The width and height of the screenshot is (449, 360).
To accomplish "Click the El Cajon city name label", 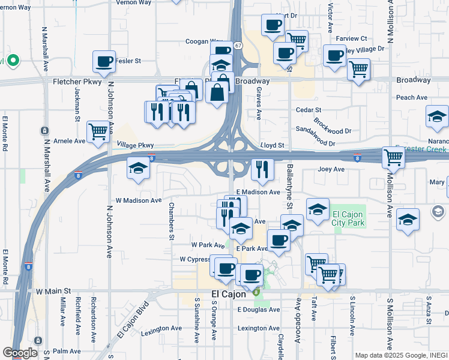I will point(230,295).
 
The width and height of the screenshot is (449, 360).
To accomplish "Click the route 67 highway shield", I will point(238,46).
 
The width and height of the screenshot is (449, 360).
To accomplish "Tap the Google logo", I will point(20,353).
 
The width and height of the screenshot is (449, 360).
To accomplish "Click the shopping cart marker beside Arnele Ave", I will point(98,131).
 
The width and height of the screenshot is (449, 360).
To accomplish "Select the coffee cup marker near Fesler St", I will point(104,61).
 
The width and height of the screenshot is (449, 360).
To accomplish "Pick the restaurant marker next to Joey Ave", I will point(262,170).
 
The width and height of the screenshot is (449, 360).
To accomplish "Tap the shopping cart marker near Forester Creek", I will point(393,158).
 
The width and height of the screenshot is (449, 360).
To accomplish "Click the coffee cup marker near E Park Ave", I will point(279,240).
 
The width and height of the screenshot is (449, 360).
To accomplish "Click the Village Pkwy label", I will point(136,145).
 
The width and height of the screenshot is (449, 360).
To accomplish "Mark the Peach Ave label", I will point(411,97).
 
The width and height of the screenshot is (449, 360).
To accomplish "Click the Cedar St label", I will point(309,110).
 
